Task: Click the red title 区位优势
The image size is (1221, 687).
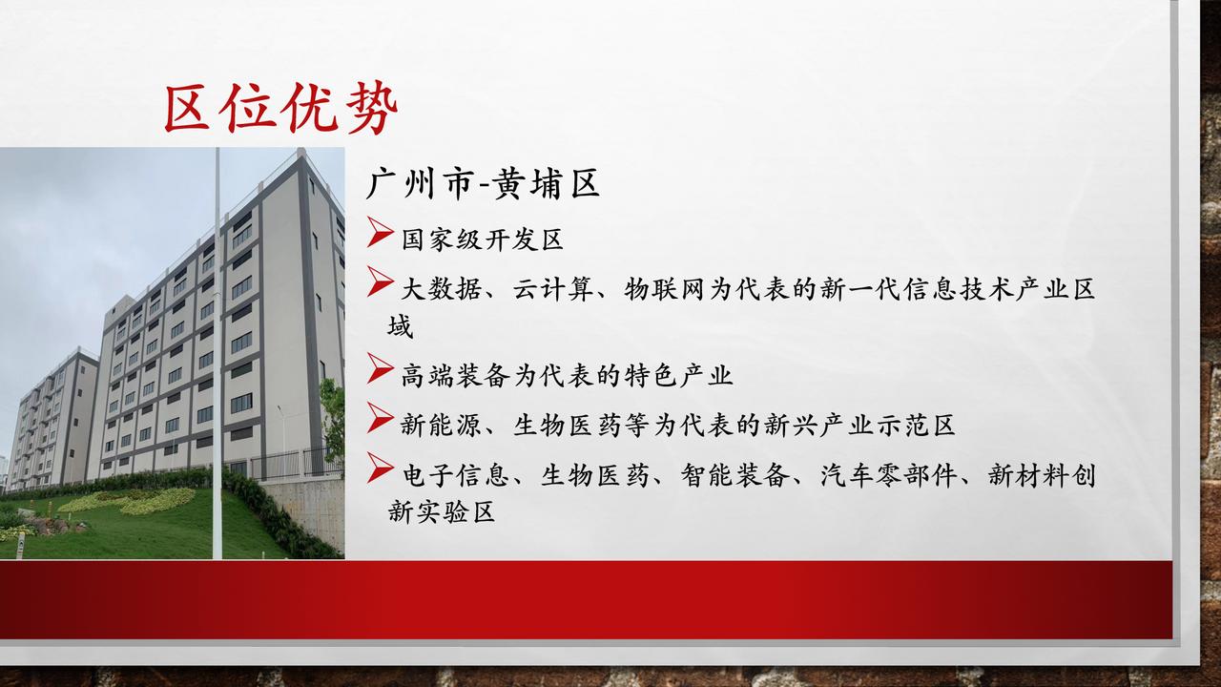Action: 280,108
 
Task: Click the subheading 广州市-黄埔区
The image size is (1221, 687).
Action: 483,184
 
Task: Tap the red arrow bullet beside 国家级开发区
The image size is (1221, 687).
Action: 381,232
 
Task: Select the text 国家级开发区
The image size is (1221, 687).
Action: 483,239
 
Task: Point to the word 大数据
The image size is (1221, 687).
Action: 442,289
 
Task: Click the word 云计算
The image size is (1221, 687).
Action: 553,289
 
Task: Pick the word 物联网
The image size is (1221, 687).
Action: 665,289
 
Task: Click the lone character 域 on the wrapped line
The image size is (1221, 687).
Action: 401,326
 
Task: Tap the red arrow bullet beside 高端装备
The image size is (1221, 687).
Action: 381,368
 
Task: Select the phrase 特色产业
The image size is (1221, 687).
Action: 678,376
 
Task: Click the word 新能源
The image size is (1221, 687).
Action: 442,426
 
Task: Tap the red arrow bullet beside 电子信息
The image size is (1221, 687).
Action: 381,468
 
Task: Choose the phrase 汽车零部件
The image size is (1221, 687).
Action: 889,475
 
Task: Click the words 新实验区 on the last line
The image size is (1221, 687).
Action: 442,512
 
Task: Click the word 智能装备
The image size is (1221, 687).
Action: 735,475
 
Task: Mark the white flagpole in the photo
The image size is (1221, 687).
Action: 217,353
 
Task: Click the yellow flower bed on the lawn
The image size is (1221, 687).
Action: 128,501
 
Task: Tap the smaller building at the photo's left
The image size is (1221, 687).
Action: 52,419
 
